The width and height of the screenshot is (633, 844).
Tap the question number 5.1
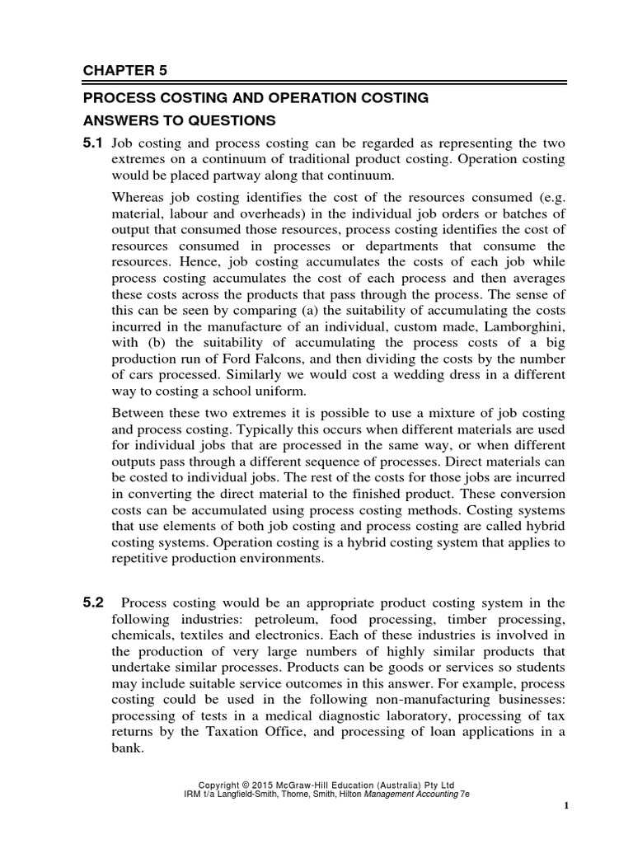point(92,143)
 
